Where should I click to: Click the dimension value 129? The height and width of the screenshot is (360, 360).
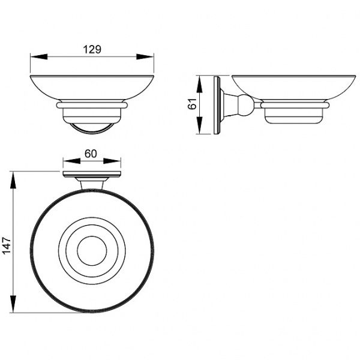[x=92, y=49]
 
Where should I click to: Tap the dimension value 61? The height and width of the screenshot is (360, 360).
[x=193, y=104]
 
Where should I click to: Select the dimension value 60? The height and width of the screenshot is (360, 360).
[x=91, y=154]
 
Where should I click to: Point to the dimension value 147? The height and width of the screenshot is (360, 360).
[x=7, y=245]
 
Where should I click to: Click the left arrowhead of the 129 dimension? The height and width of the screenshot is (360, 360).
[x=39, y=57]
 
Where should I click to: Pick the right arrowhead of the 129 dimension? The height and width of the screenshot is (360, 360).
[x=145, y=57]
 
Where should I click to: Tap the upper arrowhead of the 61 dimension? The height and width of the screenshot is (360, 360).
[x=200, y=84]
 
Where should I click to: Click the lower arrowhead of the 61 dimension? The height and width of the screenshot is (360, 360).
[x=200, y=125]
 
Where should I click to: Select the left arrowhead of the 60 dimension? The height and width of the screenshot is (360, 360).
[x=71, y=161]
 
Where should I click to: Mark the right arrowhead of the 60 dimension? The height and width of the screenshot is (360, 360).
[x=112, y=161]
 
